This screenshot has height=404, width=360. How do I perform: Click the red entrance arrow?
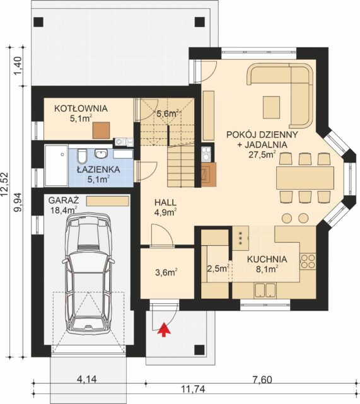pos(165,329)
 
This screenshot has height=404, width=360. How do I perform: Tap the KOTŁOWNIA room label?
pos(81,108)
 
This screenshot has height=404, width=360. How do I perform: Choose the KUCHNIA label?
pos(267,259)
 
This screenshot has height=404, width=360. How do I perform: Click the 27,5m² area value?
pos(262,154)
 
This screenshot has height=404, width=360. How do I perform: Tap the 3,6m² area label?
pos(166,272)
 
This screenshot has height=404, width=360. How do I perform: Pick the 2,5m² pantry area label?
pos(218,268)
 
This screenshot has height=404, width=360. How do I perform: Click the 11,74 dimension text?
pos(193,389)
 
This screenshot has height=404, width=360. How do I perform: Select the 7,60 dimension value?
pos(261,379)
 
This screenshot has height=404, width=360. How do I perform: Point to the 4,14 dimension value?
pos(86,379)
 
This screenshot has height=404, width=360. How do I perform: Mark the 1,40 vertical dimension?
pos(18,66)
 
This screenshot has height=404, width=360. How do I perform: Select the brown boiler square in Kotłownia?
pos(102,130)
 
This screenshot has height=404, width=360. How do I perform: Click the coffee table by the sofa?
pos(271,107)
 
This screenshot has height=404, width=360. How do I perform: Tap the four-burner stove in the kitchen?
pos(308,262)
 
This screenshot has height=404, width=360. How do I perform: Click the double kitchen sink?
pos(265,290)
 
